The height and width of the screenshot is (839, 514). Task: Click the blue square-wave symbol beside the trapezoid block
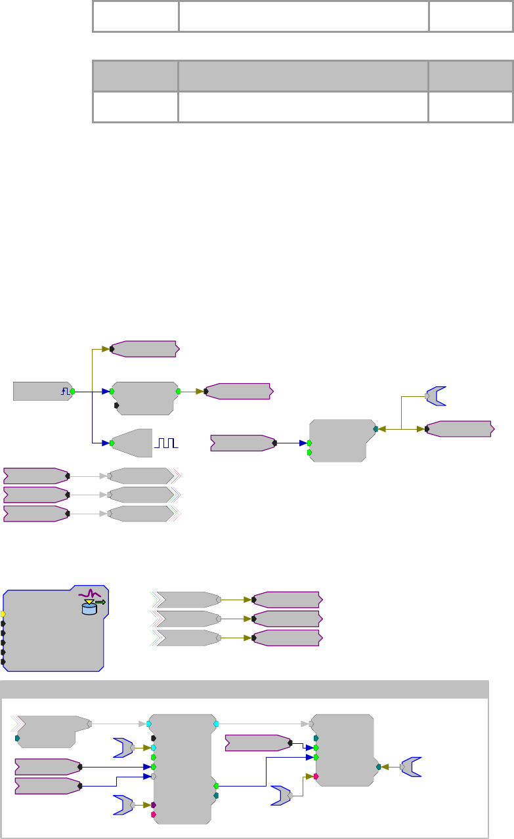166,443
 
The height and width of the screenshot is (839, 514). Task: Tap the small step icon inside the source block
65,391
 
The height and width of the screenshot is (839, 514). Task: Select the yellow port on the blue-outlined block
4,614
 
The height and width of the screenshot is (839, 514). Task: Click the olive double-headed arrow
401,428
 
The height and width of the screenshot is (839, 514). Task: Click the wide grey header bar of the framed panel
244,689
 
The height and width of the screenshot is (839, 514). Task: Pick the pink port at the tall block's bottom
154,815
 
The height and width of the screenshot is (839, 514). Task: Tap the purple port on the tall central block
154,804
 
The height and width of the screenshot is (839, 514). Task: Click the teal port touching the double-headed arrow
375,428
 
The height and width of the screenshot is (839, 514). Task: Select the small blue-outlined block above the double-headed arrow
435,396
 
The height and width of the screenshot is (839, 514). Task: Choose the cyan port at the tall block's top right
216,724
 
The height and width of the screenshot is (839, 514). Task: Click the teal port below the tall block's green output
216,795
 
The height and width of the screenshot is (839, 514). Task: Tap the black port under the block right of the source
117,405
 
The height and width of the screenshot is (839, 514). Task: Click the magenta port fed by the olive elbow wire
316,776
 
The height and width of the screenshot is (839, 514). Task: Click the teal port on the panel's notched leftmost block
17,738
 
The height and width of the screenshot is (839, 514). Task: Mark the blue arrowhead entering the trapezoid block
105,443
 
